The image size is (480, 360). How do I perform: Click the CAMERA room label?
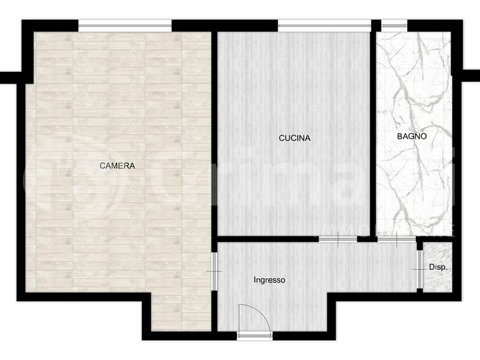(x=117, y=166)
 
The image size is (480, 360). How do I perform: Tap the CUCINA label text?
(x=295, y=138)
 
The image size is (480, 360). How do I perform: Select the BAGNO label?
(x=412, y=136)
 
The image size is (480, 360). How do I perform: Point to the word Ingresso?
(x=269, y=280)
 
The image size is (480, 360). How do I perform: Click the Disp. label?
(x=438, y=267)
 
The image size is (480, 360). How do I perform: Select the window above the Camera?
(x=125, y=26)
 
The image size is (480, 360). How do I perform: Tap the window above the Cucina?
(x=324, y=26)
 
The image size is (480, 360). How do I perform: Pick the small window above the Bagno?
(x=394, y=26)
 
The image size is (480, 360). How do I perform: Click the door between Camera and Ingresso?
(x=215, y=272)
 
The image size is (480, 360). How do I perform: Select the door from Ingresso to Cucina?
(x=338, y=239)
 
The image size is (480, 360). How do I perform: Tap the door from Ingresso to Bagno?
(x=397, y=239)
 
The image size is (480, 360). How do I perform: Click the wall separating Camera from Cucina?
(x=214, y=141)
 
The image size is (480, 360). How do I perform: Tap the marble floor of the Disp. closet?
(x=437, y=267)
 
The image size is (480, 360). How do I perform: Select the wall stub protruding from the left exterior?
(x=10, y=78)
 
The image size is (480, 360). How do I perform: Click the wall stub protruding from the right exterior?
(x=471, y=76)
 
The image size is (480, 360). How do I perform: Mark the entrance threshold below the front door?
(x=254, y=336)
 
